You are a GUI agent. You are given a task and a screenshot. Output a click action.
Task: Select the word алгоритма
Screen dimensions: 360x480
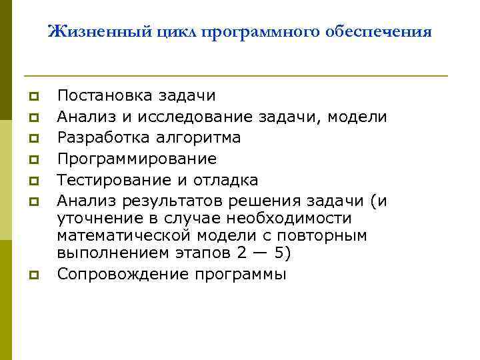(203, 138)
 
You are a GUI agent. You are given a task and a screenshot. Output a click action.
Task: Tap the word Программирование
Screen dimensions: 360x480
(137, 159)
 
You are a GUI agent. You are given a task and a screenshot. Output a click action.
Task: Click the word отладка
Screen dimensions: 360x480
(225, 180)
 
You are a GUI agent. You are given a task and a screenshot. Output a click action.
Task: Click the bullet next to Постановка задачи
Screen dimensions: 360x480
(32, 98)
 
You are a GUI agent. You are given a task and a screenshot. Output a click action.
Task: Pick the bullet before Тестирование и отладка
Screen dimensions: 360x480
(32, 181)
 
